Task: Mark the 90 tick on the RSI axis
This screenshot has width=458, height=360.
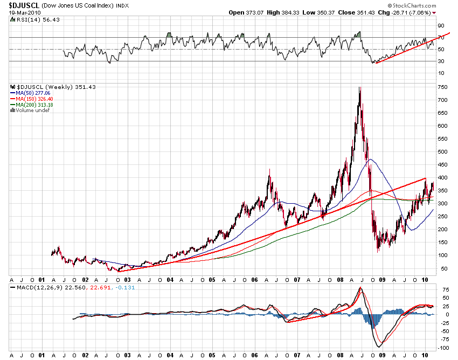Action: pos(440,25)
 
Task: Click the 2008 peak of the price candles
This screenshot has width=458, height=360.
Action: pos(359,88)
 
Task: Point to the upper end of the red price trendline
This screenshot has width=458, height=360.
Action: pos(426,178)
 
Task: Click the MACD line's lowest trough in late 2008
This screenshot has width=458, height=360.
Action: pos(379,347)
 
